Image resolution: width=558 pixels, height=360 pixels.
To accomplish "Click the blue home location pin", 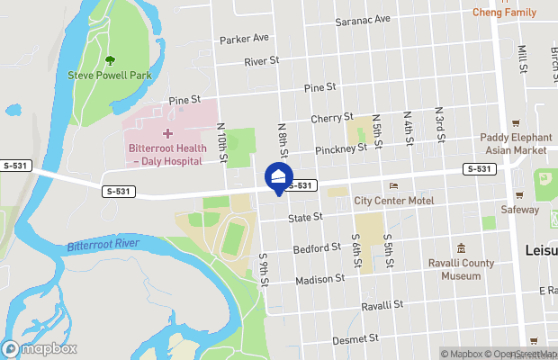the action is [x=279, y=176].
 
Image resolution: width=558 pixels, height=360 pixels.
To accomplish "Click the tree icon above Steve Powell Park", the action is [x=110, y=60].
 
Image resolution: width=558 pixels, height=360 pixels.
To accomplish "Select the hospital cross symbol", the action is [x=166, y=133].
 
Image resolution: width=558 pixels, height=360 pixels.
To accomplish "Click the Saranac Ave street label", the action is [x=363, y=19].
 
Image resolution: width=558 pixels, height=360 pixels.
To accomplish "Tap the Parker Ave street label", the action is [x=244, y=39].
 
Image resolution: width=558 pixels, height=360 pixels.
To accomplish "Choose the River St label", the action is [x=262, y=62].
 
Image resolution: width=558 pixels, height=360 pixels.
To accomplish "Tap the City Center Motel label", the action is [x=394, y=200].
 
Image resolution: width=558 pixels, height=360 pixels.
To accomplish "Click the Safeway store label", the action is [x=520, y=210].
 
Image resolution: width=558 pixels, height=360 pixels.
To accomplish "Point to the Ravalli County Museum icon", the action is [x=461, y=247].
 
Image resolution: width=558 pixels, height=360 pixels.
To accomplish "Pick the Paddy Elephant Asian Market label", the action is [x=514, y=143].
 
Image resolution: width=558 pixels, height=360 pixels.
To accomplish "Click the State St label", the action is [x=305, y=219].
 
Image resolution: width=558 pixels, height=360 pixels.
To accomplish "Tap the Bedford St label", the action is [x=317, y=247].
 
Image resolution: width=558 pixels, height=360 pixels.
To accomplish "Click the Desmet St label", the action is [x=355, y=339].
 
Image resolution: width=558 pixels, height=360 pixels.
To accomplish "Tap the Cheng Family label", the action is [x=504, y=13].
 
